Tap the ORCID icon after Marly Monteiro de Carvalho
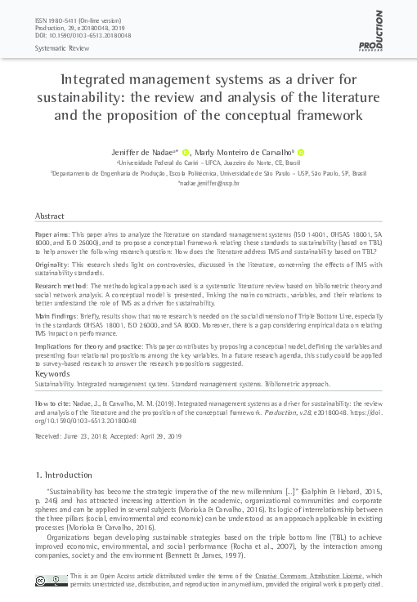point(301,152)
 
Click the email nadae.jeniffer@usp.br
point(208,184)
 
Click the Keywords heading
point(52,372)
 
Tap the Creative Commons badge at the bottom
point(51,581)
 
